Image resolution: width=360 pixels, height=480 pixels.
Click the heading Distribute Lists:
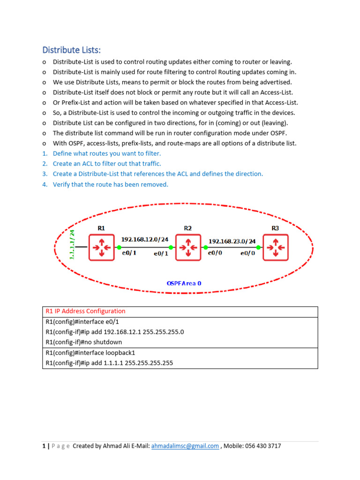(x=72, y=50)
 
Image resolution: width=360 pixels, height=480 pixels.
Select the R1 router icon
(x=101, y=247)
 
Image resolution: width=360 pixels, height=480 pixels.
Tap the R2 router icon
(x=188, y=247)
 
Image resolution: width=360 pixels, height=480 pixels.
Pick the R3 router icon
(x=275, y=247)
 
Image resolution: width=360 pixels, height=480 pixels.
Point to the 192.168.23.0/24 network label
(x=232, y=241)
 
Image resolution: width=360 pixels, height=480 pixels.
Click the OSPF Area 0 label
(x=184, y=283)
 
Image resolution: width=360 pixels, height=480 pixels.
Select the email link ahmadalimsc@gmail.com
(x=185, y=446)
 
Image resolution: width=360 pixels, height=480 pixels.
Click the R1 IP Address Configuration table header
(x=85, y=311)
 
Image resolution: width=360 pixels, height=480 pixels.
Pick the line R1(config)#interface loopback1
(x=90, y=352)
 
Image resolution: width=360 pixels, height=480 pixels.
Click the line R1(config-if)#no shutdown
(x=83, y=342)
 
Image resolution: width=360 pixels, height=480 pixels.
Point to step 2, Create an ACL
(x=106, y=164)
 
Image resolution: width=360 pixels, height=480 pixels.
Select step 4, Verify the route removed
(x=110, y=184)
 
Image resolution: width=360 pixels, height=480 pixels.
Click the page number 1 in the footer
(x=44, y=446)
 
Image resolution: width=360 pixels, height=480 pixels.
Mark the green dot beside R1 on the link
(x=119, y=247)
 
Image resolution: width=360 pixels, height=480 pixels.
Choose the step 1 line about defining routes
(x=106, y=153)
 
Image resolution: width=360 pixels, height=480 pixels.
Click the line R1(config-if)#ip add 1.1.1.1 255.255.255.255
(x=106, y=363)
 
